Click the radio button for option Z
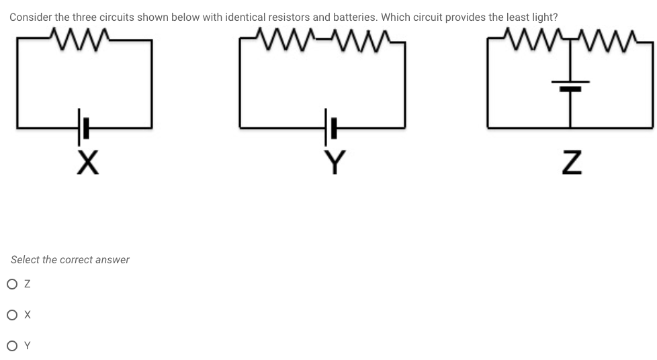12,284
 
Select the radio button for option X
12,315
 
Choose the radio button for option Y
12,346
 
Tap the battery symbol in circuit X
83,126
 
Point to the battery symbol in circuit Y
329,126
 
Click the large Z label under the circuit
570,162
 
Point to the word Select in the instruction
24,259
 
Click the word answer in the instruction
112,259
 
